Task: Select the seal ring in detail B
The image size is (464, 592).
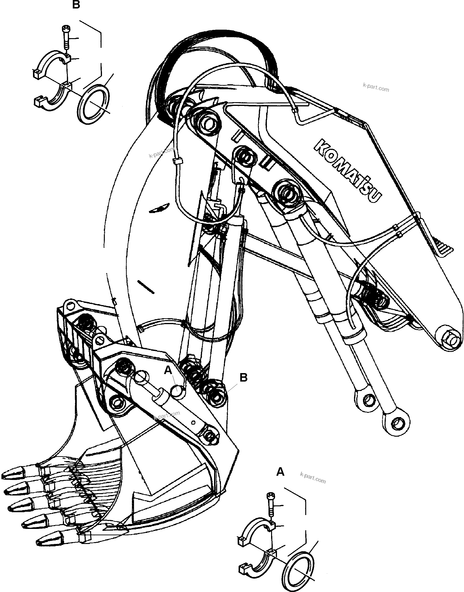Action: pyautogui.click(x=94, y=104)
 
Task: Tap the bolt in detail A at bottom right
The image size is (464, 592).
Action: pyautogui.click(x=271, y=504)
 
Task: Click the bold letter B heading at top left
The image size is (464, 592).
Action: pyautogui.click(x=76, y=5)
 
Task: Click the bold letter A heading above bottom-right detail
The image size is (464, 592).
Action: pyautogui.click(x=280, y=472)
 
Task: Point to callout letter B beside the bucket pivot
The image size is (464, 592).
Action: pyautogui.click(x=243, y=378)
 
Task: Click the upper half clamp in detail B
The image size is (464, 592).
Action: pyautogui.click(x=53, y=64)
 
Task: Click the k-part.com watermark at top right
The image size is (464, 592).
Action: pyautogui.click(x=376, y=89)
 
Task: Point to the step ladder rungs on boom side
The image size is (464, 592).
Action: pyautogui.click(x=444, y=248)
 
